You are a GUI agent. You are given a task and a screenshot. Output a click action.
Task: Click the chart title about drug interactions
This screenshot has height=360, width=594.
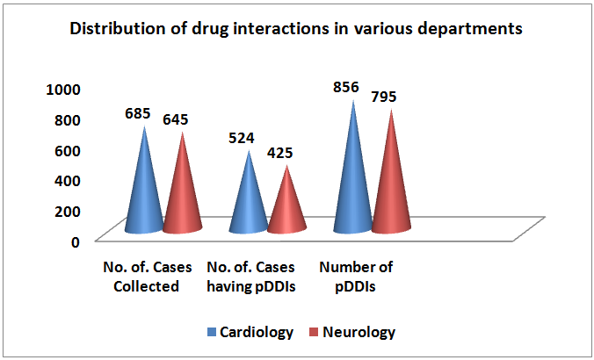[x=296, y=28]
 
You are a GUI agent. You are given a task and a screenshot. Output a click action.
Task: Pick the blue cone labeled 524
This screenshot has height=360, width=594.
[x=249, y=202]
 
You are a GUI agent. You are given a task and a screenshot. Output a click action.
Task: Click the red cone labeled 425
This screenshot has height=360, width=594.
[x=286, y=207]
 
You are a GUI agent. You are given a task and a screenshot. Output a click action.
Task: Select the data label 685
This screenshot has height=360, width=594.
[x=138, y=113]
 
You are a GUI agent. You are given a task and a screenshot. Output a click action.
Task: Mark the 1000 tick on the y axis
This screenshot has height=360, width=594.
[x=64, y=89]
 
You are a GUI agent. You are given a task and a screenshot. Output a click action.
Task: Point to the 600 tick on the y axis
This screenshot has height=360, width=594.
[x=69, y=149]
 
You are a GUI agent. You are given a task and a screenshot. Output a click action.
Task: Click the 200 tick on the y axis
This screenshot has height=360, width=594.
[x=69, y=211]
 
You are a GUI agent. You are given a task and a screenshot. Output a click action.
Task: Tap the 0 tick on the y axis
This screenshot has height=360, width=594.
[x=76, y=241]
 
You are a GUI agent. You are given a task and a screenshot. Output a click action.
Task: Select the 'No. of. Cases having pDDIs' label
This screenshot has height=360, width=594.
[x=250, y=276]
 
